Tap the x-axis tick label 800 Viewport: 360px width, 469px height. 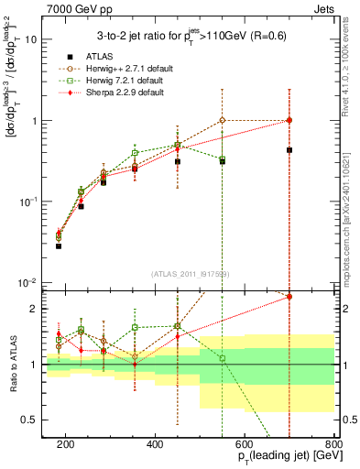[x=333, y=444]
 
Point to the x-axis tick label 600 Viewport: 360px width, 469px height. [x=244, y=444]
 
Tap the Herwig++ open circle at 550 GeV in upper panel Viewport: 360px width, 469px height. [x=223, y=120]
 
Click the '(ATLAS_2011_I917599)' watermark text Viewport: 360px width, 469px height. [x=190, y=273]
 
